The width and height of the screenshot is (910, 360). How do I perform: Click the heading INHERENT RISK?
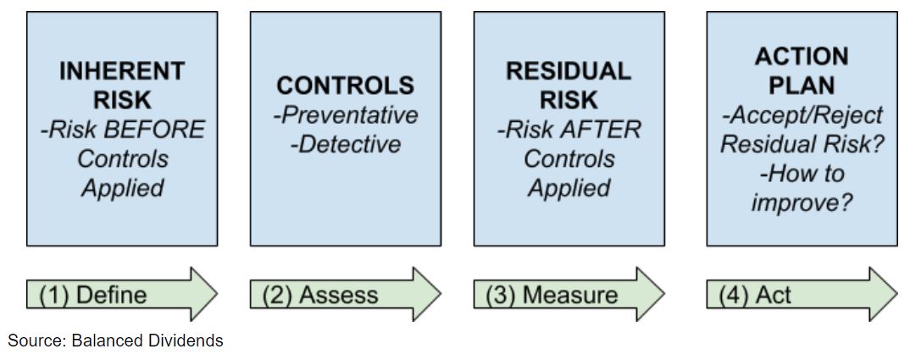tap(122, 86)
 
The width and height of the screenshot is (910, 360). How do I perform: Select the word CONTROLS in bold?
tap(346, 86)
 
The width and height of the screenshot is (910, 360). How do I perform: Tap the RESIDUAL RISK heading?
tap(569, 86)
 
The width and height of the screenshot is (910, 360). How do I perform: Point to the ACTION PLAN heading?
tap(802, 71)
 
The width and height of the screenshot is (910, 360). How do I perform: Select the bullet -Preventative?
tap(346, 114)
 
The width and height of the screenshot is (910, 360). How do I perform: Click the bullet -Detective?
tap(346, 144)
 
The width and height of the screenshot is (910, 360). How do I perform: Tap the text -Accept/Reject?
tap(802, 115)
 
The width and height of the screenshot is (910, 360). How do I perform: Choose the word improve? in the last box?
tap(802, 202)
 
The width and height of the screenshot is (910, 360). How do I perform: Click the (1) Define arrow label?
tap(93, 295)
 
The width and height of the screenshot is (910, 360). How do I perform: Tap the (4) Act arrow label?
tap(755, 295)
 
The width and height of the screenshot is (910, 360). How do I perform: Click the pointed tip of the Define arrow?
tap(217, 295)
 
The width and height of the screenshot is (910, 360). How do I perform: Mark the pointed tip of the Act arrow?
tap(896, 295)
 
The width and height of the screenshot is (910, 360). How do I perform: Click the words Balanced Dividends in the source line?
tap(147, 341)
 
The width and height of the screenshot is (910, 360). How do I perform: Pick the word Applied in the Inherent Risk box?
tap(123, 187)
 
